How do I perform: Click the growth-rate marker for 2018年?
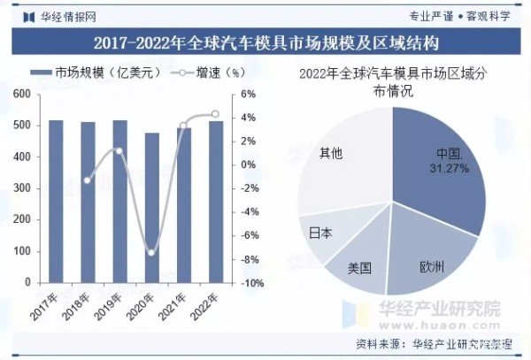88,180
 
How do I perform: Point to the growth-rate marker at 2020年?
151,253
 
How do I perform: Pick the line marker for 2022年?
215,114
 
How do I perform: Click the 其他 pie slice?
341,159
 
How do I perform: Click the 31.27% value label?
449,168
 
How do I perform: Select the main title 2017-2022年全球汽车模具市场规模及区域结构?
265,41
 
